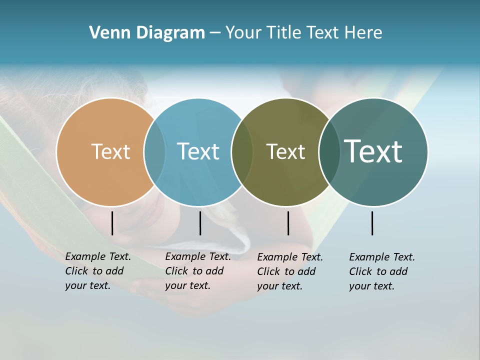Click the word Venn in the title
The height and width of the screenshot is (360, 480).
point(107,33)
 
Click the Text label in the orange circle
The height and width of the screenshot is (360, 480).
point(110,151)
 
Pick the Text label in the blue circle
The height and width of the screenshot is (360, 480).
point(198,151)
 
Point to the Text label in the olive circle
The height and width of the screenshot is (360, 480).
point(285,151)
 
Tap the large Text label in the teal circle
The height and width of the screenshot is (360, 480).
point(373,151)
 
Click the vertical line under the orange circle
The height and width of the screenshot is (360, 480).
point(112,223)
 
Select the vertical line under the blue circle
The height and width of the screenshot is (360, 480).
point(200,223)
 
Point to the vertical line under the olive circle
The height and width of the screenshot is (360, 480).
point(288,223)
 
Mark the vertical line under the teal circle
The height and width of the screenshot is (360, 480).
point(372,223)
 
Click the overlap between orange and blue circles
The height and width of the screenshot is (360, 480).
point(154,151)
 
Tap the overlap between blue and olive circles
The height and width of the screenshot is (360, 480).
point(242,151)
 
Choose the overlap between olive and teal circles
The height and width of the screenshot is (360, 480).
point(328,151)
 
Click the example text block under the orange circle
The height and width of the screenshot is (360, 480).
point(98,271)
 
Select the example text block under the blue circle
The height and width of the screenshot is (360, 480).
point(198,271)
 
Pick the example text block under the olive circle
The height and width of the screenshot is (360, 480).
point(290,271)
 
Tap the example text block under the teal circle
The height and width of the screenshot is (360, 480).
point(382,271)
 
